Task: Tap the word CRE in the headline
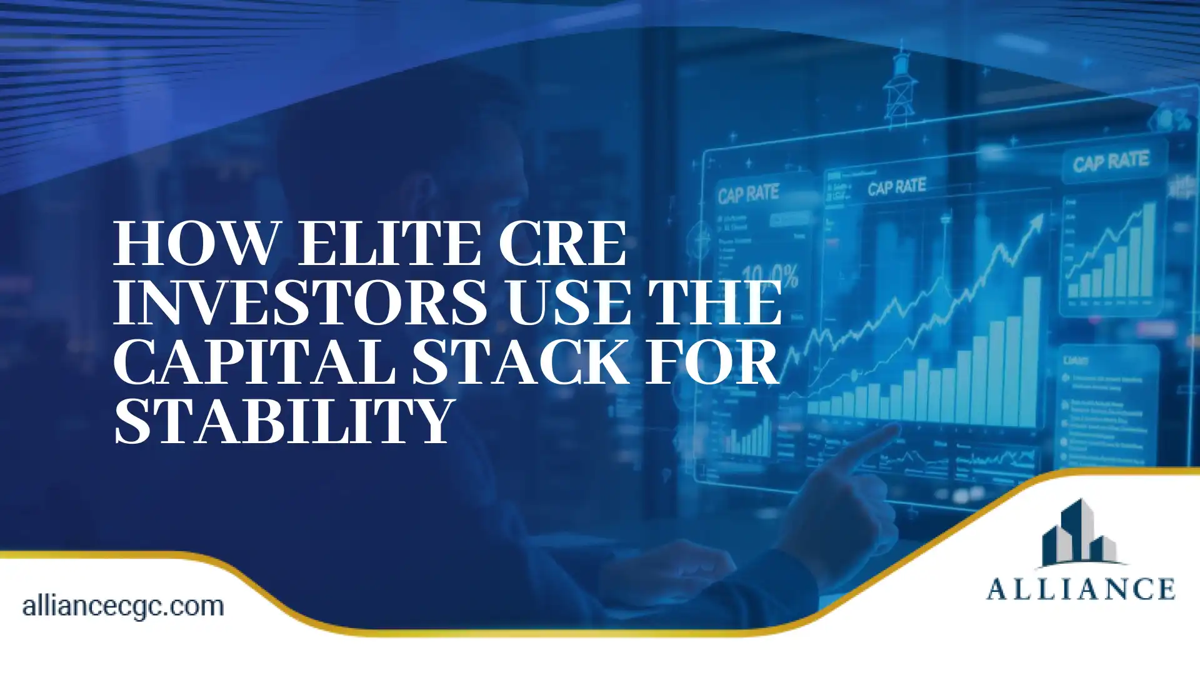click(x=562, y=244)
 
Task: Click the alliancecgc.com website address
click(x=123, y=606)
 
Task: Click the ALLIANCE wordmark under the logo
click(x=1081, y=589)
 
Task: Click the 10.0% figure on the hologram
click(x=770, y=276)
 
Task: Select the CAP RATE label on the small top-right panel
click(x=1111, y=162)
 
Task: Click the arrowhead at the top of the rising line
click(x=1037, y=219)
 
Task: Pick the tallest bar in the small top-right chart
click(x=1148, y=250)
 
